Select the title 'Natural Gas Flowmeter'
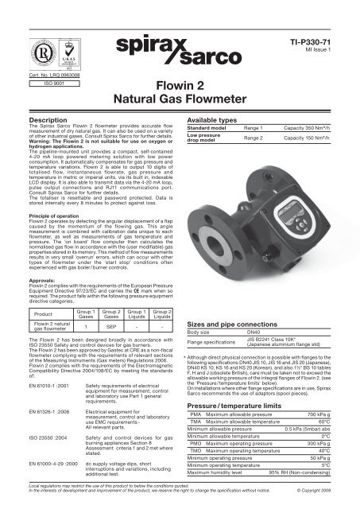pos(180,121)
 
